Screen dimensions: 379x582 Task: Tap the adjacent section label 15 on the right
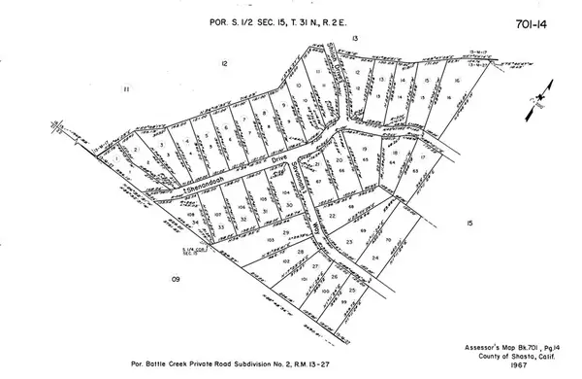[x=469, y=224]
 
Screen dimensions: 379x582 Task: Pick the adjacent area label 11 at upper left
[x=127, y=89]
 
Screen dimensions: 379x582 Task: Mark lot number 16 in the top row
[x=454, y=81]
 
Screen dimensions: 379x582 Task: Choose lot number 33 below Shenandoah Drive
[x=221, y=226]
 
